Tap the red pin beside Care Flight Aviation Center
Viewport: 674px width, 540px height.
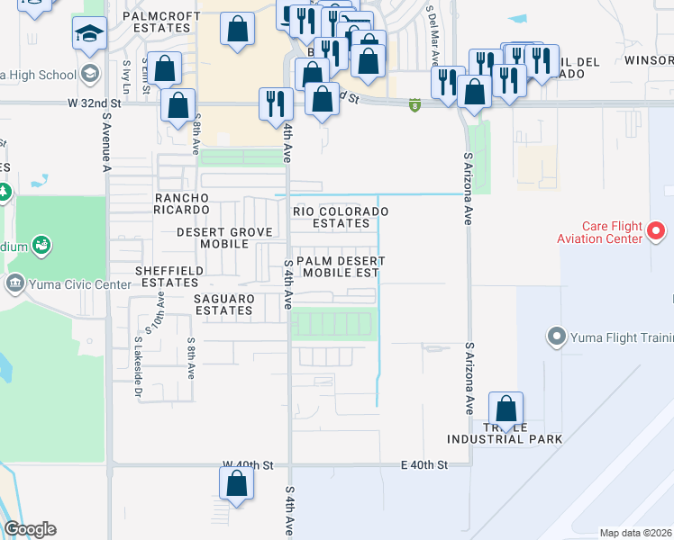point(656,231)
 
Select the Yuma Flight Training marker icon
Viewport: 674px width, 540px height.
point(555,338)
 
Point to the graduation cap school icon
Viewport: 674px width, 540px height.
point(89,34)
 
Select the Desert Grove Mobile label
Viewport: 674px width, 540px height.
point(224,238)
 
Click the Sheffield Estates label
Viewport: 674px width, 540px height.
point(167,275)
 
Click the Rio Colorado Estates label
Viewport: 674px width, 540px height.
point(341,217)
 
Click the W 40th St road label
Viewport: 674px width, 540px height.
point(248,465)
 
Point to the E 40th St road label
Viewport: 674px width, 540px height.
point(424,465)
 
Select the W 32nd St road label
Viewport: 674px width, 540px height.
point(93,103)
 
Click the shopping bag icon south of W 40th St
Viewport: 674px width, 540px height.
point(236,484)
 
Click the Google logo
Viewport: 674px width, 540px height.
point(30,529)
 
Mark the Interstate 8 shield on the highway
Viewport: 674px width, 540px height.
point(414,105)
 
